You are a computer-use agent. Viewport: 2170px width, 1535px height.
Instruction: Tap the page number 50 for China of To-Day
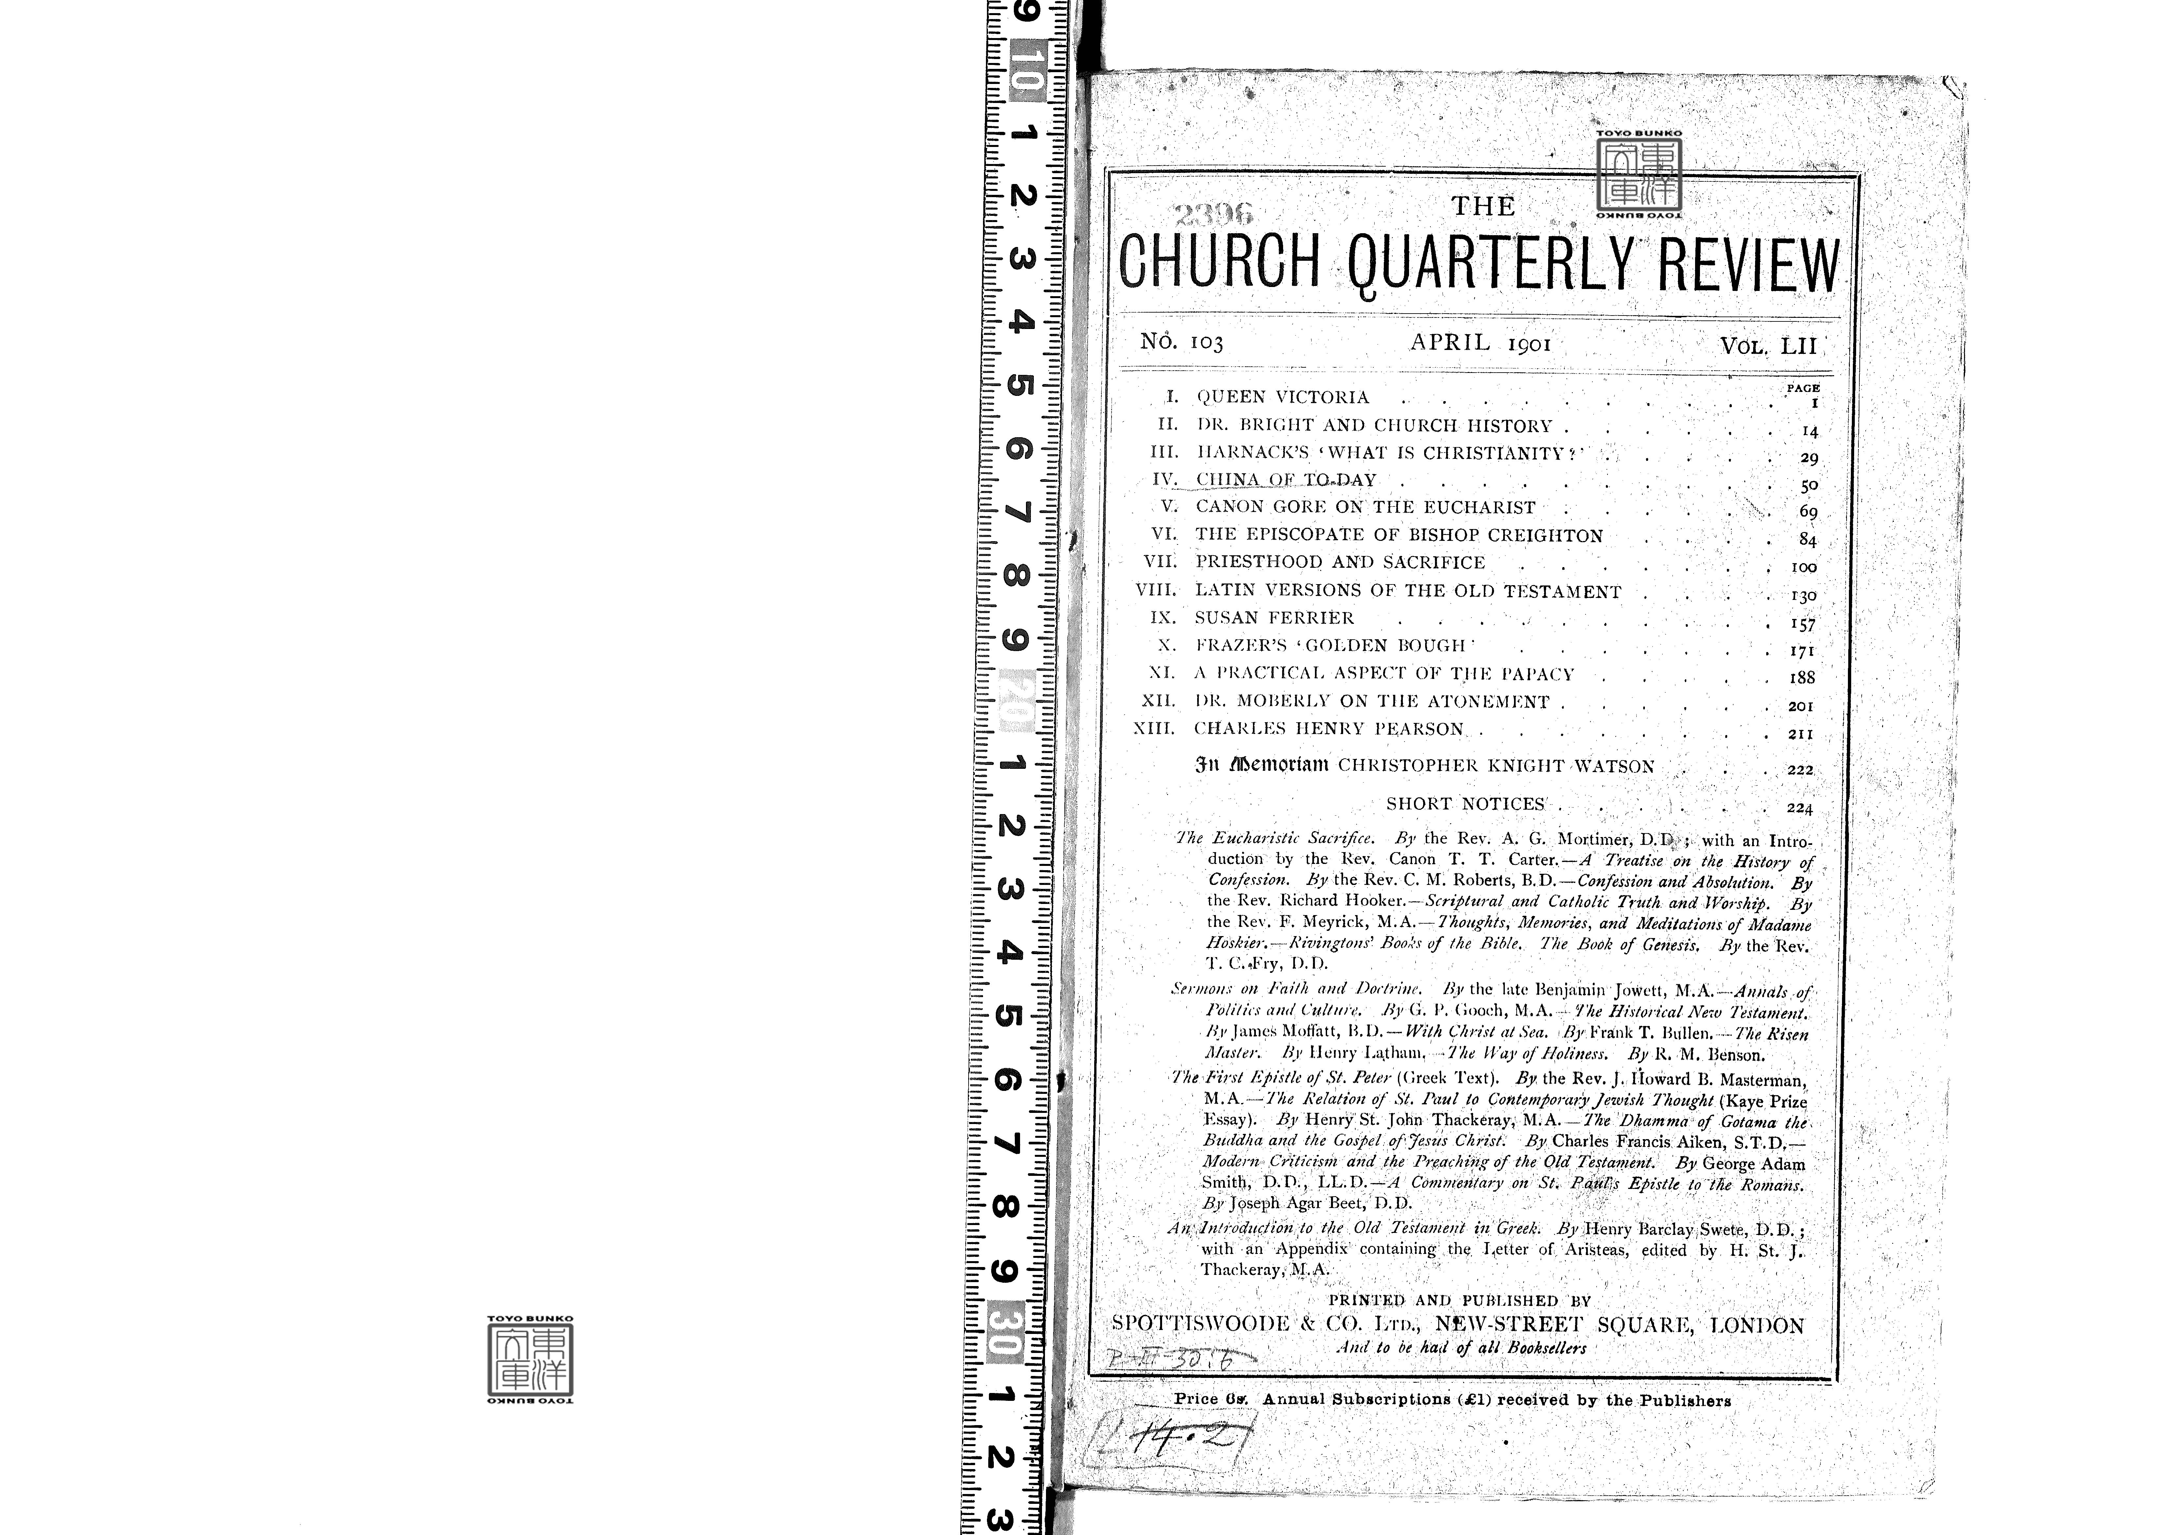[1809, 485]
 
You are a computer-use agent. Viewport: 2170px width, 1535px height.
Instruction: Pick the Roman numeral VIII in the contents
[1156, 590]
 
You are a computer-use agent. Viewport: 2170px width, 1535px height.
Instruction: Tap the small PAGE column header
[1802, 388]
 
